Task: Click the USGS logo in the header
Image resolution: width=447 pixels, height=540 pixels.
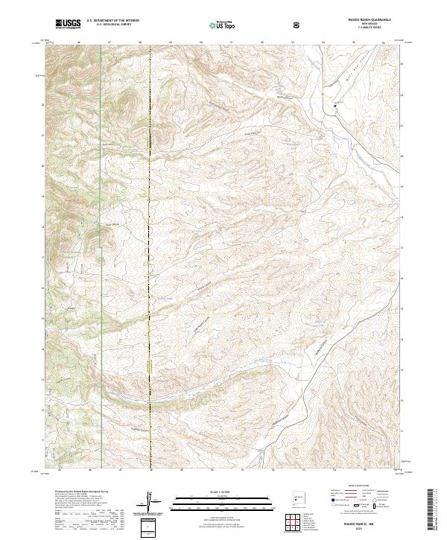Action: click(x=68, y=25)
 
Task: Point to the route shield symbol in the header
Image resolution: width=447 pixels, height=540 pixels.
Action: click(x=297, y=25)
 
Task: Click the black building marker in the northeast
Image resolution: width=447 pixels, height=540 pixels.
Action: click(x=335, y=105)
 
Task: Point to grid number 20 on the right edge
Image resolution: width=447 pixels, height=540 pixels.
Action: click(x=402, y=156)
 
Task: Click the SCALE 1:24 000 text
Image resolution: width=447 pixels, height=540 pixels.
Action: click(x=222, y=493)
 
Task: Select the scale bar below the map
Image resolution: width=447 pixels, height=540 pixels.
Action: click(x=222, y=504)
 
